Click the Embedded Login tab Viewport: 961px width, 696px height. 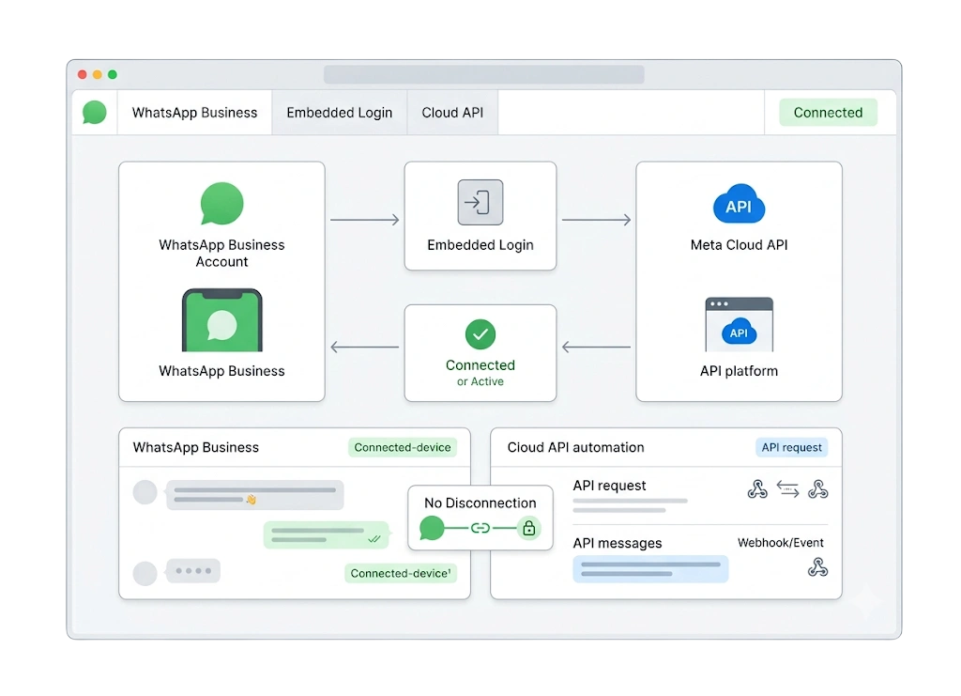tap(340, 113)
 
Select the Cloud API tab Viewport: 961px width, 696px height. tap(452, 113)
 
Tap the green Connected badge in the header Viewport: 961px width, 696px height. tap(828, 113)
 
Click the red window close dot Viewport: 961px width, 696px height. tap(83, 75)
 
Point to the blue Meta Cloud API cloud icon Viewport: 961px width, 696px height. tap(739, 204)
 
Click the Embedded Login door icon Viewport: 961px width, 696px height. tap(480, 202)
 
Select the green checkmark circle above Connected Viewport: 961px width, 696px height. tap(480, 334)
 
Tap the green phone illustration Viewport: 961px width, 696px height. tap(221, 320)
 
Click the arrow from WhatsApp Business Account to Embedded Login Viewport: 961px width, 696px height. tap(365, 220)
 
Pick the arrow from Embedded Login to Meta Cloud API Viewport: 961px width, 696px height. tap(596, 220)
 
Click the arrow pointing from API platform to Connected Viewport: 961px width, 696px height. tap(596, 348)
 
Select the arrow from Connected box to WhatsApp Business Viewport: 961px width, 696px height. tap(365, 348)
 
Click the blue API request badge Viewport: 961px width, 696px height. tap(791, 448)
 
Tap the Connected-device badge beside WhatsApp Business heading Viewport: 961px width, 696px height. tap(402, 448)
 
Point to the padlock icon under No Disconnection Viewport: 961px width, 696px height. tap(529, 528)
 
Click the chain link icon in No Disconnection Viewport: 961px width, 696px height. tap(480, 528)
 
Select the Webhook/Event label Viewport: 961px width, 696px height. tap(780, 543)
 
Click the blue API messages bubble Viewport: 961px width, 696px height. tap(650, 569)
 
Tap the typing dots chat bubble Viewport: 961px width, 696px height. tap(193, 571)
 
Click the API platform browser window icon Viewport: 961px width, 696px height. tap(740, 324)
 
